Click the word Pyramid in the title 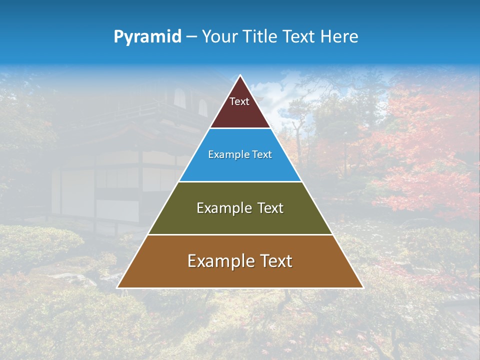147,37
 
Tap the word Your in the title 218,37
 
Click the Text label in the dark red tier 239,101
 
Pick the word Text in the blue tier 262,155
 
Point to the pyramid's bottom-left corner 117,287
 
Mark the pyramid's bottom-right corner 363,287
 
